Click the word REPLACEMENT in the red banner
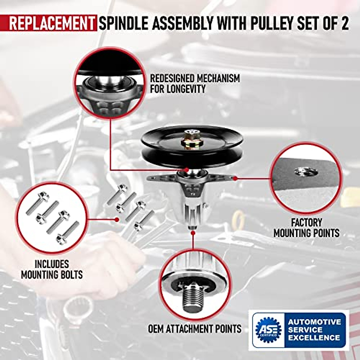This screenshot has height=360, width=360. coord(51,23)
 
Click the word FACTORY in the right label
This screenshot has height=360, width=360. coord(306,223)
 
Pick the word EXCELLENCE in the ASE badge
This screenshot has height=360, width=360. coord(314,337)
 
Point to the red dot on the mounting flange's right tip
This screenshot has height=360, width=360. coord(235,178)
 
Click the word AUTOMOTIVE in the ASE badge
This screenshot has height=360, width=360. coord(314,322)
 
